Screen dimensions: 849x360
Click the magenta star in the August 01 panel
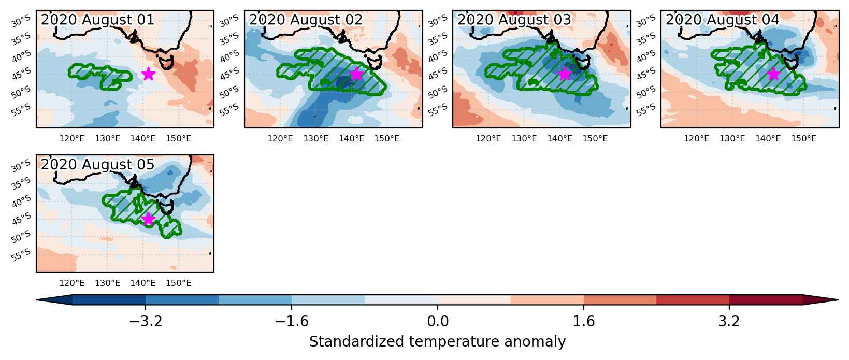148,74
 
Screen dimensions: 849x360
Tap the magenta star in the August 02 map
356,74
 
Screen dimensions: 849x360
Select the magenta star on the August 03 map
565,74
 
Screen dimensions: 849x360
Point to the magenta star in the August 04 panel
773,74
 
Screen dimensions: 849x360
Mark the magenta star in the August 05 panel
148,219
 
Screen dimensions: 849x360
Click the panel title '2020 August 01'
98,20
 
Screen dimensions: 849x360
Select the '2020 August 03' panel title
514,20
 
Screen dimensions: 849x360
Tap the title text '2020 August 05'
98,165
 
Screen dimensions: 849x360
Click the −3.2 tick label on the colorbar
146,321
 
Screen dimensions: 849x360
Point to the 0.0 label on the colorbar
438,321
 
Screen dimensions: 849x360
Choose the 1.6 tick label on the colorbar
584,321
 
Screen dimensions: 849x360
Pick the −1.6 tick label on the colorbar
292,321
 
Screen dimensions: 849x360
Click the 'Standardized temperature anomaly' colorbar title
437,342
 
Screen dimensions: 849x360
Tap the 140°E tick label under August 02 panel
351,139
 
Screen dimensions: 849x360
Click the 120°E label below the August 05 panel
71,283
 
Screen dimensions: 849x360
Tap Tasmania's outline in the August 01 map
166,62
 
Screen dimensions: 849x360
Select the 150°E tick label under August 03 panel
595,139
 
